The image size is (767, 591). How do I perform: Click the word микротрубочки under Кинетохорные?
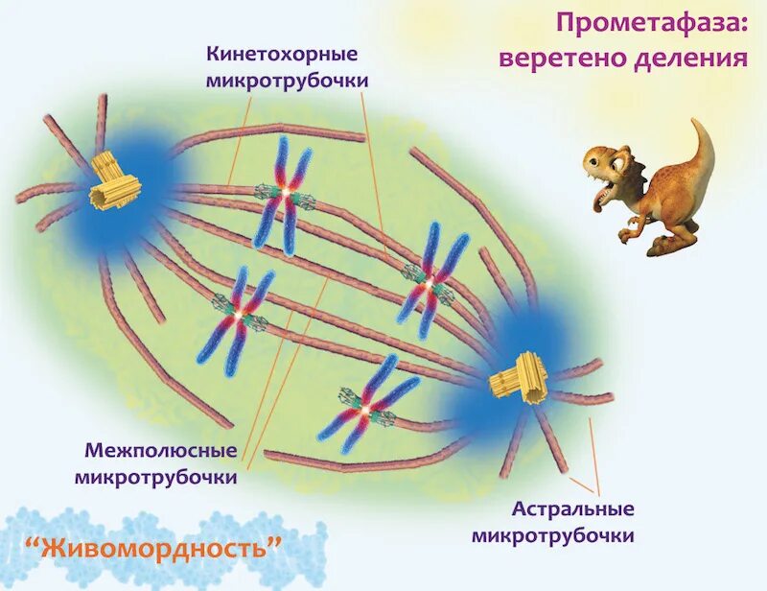(x=286, y=79)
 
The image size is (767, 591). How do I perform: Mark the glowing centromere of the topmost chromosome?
(x=284, y=195)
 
